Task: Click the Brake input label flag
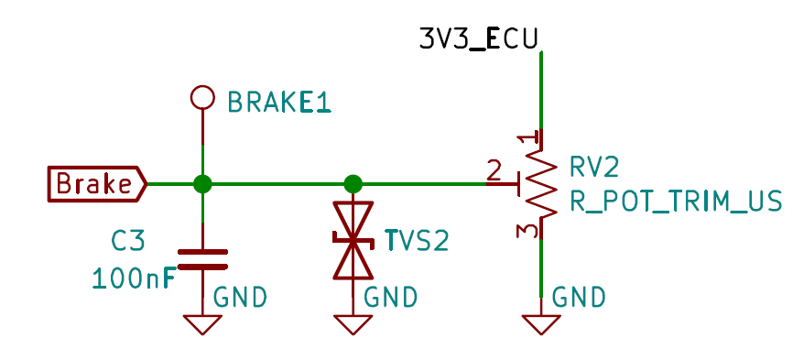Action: [x=97, y=183]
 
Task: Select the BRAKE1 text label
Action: [x=279, y=102]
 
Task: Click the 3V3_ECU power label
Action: [x=478, y=39]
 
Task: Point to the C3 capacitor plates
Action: [x=202, y=259]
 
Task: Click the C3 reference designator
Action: [x=128, y=241]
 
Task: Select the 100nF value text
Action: [x=135, y=278]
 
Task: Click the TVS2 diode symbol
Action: [x=353, y=240]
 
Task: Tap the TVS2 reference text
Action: [x=417, y=241]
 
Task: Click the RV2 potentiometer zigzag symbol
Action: [x=540, y=184]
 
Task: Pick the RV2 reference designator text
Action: [x=595, y=168]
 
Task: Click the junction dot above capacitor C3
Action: [x=202, y=184]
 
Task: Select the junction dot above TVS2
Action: [x=353, y=184]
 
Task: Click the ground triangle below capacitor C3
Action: [x=202, y=323]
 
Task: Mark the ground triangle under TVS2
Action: [x=353, y=323]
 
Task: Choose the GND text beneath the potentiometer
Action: [x=579, y=298]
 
